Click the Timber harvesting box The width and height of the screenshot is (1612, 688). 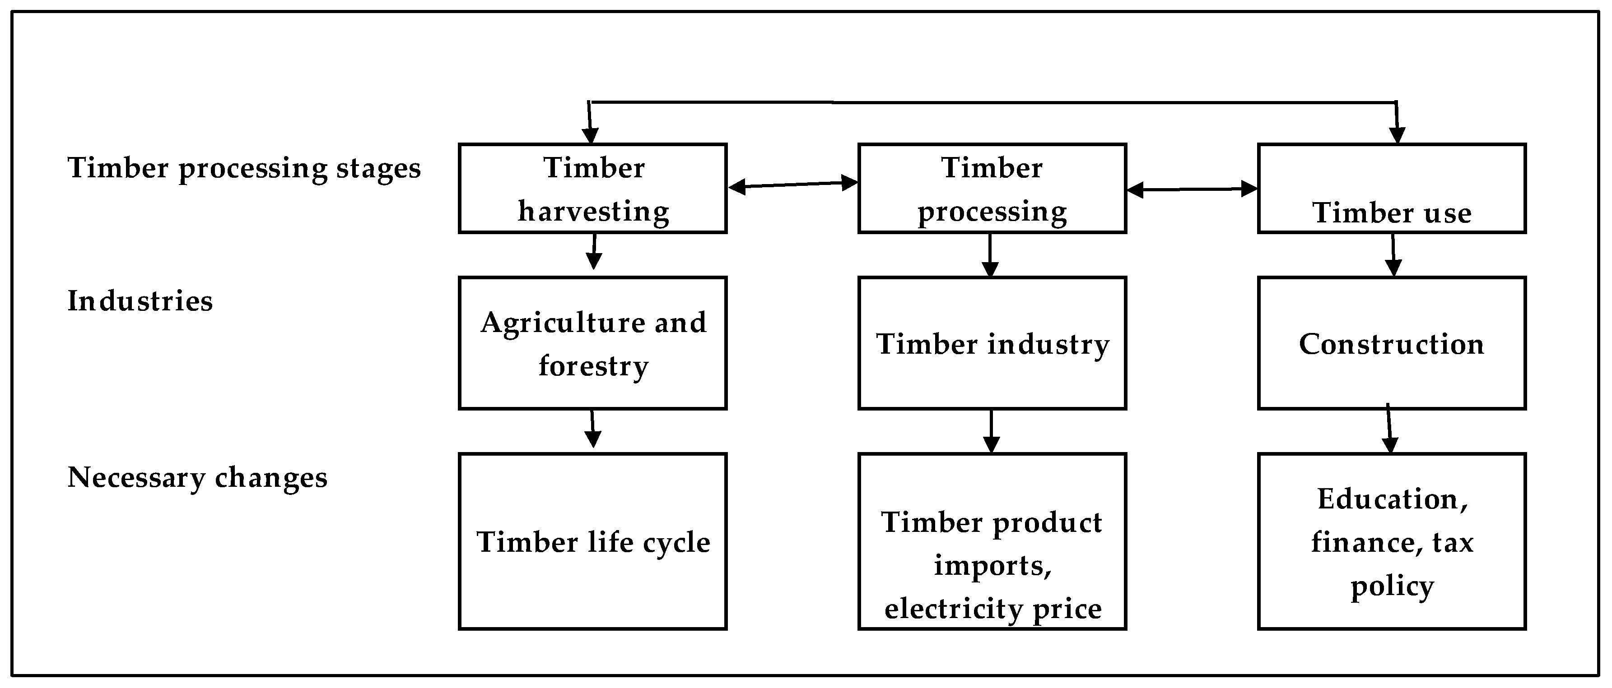click(592, 188)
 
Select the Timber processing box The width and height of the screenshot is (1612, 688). click(992, 188)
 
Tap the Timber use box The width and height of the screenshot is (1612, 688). click(1392, 188)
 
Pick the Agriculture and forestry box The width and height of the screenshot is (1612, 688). click(592, 343)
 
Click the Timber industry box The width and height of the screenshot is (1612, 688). click(992, 343)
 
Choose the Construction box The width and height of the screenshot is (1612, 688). click(1392, 343)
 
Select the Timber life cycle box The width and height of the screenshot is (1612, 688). click(592, 541)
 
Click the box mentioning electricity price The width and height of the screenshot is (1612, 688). click(992, 541)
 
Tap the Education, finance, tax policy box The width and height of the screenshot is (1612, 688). click(1392, 541)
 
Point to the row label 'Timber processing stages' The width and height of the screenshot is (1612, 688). click(244, 168)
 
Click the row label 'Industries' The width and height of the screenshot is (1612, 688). click(140, 301)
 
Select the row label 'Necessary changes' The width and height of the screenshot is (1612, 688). click(197, 478)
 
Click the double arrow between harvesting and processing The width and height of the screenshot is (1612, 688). click(793, 185)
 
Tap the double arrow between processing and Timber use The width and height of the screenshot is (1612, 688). click(1192, 189)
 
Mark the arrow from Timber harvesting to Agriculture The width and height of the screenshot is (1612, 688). click(594, 251)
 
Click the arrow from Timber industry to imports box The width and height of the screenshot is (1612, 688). click(991, 432)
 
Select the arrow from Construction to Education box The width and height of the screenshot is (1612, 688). click(1389, 429)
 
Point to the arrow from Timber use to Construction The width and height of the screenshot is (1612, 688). click(1393, 255)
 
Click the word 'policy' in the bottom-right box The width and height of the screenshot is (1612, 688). click(1392, 586)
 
